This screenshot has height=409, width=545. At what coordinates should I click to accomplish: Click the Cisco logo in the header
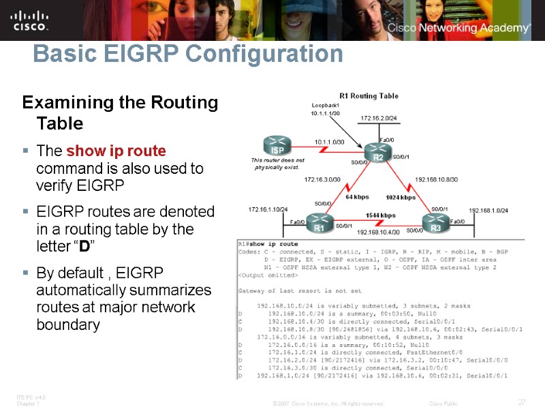pos(30,20)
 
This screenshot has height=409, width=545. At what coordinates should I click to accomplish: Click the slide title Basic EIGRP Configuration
pos(187,54)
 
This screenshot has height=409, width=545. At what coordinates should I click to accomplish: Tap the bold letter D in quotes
pos(85,245)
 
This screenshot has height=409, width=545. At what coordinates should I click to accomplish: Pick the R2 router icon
pos(379,155)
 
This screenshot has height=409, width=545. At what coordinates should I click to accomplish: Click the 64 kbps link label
pos(357,197)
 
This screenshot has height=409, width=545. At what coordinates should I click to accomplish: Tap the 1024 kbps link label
pos(400,198)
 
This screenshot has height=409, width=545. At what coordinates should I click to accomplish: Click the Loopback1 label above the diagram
pos(325,106)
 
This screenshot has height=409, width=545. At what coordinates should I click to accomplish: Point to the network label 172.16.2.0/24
pos(378,118)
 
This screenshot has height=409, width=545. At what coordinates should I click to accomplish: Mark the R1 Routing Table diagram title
pos(369,96)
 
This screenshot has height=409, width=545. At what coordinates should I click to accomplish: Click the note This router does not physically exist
pos(277,164)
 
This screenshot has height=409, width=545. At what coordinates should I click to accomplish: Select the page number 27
pos(521,402)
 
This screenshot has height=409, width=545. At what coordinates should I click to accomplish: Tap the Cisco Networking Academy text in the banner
pos(458,28)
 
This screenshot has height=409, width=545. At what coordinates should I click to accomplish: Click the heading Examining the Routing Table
pos(120,113)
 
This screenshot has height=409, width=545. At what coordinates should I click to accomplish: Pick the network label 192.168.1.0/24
pos(488,211)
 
